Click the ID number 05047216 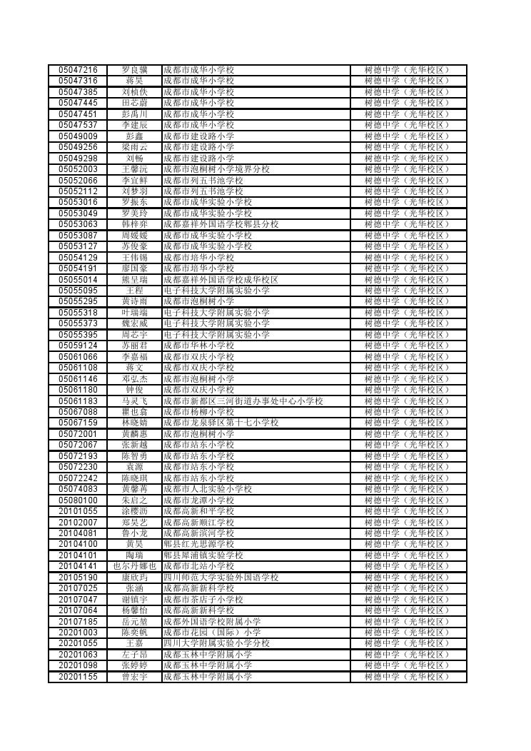(x=78, y=70)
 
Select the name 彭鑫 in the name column (x=134, y=136)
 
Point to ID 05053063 (x=78, y=224)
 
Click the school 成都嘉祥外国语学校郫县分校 (x=221, y=224)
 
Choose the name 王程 (x=134, y=291)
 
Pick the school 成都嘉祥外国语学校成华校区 (x=221, y=279)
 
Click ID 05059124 (x=78, y=346)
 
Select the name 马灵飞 (x=134, y=400)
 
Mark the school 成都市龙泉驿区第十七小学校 (x=221, y=423)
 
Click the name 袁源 (x=134, y=467)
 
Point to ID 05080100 (x=78, y=500)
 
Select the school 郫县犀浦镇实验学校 (x=203, y=555)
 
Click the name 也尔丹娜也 (x=134, y=566)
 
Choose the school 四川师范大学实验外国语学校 (x=221, y=577)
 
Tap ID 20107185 (x=78, y=621)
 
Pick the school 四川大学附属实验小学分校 (x=216, y=643)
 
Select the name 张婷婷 (x=134, y=665)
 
